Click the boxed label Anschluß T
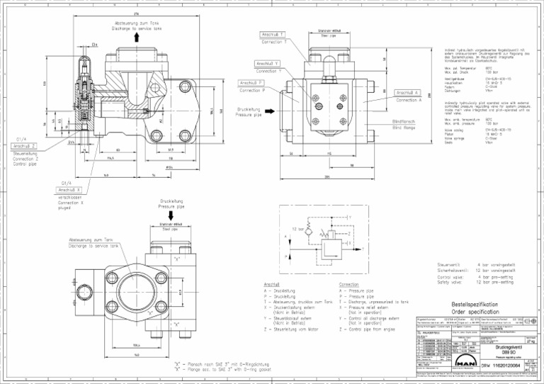click(273, 34)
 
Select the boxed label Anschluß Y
click(267, 63)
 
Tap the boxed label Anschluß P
click(251, 83)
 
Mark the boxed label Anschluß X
click(69, 190)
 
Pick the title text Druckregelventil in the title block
click(507, 346)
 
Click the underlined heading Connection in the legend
click(354, 283)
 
